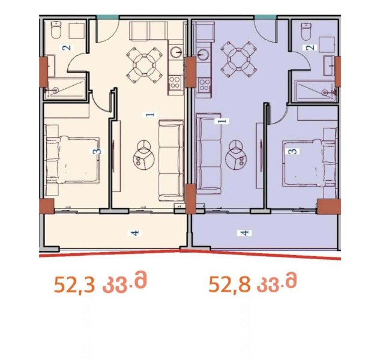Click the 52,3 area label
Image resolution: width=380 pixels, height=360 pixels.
(100, 283)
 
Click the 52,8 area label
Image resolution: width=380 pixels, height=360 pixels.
(253, 283)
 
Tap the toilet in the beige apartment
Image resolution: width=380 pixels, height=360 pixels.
(56, 29)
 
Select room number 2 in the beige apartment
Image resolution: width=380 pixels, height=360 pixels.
(67, 47)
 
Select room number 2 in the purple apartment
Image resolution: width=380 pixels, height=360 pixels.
(310, 47)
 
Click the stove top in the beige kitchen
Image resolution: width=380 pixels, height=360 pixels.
(175, 82)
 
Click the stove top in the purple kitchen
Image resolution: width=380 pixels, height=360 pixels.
(204, 85)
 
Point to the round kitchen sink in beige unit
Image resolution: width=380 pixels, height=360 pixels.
(176, 52)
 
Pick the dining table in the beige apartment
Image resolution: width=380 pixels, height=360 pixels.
(144, 65)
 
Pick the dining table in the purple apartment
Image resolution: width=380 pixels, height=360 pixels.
(238, 59)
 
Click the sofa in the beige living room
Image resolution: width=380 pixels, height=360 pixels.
(171, 161)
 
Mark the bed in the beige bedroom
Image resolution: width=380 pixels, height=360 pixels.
(73, 160)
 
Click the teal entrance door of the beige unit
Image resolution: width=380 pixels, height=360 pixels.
(107, 17)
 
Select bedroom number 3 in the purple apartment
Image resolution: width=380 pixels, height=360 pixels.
(293, 151)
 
